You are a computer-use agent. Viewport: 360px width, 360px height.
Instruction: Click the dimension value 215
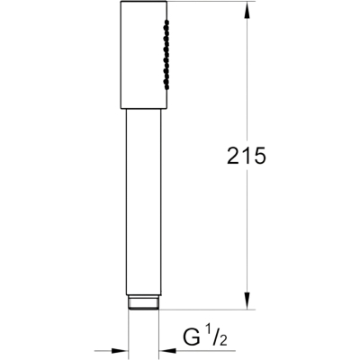click(247, 156)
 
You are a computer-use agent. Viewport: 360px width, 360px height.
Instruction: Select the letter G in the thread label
click(192, 337)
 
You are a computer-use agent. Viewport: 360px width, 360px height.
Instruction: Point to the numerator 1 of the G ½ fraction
click(208, 333)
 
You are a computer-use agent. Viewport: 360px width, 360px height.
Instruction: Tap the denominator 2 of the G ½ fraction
click(222, 341)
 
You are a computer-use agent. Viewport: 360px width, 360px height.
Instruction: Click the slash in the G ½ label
click(214, 337)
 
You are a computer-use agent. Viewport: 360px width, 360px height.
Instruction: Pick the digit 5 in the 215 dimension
click(260, 156)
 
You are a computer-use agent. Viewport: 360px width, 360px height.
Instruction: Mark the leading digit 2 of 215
click(233, 156)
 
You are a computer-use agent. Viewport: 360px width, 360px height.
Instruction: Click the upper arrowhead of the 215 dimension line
click(247, 10)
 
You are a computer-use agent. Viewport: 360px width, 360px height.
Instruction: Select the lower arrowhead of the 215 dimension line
click(247, 301)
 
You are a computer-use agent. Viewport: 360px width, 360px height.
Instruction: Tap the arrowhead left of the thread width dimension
click(120, 350)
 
